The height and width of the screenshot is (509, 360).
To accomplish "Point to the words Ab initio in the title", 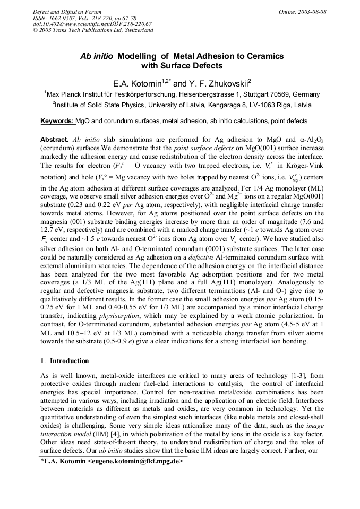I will pyautogui.click(x=96, y=56).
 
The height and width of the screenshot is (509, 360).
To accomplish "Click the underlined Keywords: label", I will pyautogui.click(x=57, y=122).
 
